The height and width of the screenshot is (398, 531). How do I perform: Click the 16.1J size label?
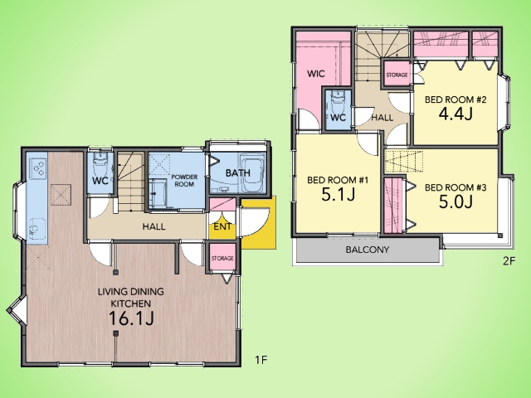tap(131, 318)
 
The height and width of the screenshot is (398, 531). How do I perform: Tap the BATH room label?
tap(238, 173)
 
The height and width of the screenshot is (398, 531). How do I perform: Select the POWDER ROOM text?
tap(184, 181)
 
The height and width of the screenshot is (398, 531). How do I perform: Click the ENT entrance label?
tap(222, 226)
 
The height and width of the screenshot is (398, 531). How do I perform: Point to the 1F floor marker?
tap(261, 360)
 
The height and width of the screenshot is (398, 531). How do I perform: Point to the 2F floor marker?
tap(509, 260)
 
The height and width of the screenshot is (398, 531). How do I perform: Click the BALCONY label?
tap(368, 250)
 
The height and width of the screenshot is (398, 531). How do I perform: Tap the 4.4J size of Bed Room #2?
tap(455, 114)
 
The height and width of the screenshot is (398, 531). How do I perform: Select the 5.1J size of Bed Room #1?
tap(338, 194)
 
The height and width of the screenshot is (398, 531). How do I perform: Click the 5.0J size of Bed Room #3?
tap(455, 201)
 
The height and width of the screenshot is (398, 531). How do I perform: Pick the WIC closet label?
tap(316, 74)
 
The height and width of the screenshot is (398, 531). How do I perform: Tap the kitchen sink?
tap(37, 229)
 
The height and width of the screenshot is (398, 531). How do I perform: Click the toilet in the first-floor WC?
tap(100, 163)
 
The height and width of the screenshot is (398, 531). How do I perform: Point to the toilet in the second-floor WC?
tap(338, 100)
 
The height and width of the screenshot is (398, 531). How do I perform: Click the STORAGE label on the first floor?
tap(222, 258)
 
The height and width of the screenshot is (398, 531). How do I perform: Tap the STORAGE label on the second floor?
tap(397, 75)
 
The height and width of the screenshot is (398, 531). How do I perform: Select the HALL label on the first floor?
tap(153, 226)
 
